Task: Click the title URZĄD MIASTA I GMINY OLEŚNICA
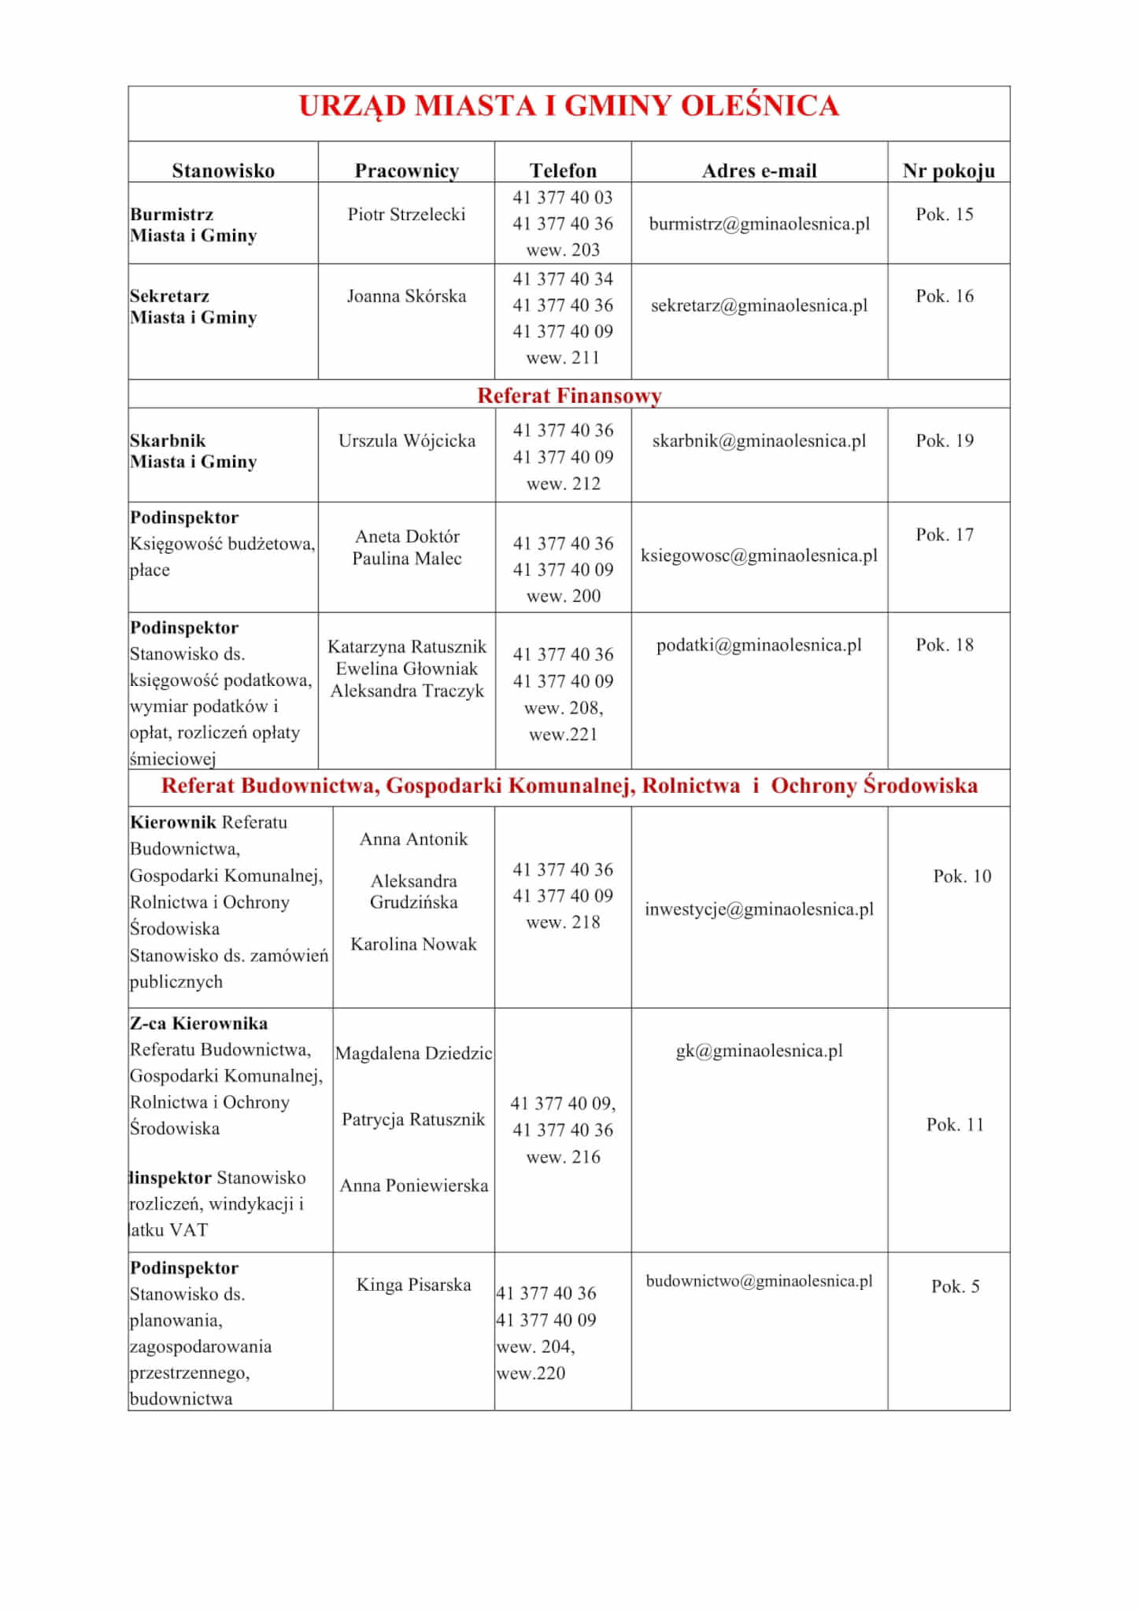568,106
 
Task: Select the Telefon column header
563,171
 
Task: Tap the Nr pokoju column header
949,171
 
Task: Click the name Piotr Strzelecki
406,215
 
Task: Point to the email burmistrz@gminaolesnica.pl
759,224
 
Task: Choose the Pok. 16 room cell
945,297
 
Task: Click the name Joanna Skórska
406,297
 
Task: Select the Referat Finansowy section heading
568,396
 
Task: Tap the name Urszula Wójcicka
406,441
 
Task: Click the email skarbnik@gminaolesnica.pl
759,441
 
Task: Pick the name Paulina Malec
406,559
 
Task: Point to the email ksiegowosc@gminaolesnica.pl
759,556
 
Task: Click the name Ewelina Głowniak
406,669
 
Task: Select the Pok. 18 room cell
945,645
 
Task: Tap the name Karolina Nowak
413,944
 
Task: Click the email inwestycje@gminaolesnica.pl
759,909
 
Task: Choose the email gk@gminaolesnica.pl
759,1051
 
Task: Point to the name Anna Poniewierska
413,1185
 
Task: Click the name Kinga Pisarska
413,1285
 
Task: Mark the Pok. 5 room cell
955,1286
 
